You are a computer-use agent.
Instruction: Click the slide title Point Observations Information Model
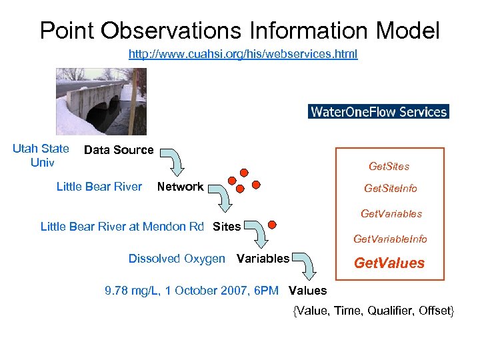(239, 30)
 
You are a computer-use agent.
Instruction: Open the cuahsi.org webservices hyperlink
(243, 54)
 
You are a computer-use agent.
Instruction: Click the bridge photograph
(101, 101)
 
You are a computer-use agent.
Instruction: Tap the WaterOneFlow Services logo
(379, 111)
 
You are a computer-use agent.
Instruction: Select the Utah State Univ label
(41, 155)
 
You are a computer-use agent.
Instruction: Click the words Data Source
(119, 150)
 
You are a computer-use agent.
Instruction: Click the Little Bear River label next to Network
(99, 187)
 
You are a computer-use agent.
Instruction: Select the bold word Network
(180, 187)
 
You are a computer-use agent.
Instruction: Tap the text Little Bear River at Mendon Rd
(122, 227)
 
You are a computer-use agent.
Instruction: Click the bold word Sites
(227, 227)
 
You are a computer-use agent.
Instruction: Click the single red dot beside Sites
(273, 224)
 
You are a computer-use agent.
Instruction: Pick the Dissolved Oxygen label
(177, 259)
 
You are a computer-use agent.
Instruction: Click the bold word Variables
(263, 259)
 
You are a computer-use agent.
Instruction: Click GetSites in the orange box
(389, 166)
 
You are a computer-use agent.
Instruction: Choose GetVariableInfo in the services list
(390, 239)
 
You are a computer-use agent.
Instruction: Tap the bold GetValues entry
(389, 263)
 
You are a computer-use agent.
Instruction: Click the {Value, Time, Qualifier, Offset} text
(373, 311)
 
